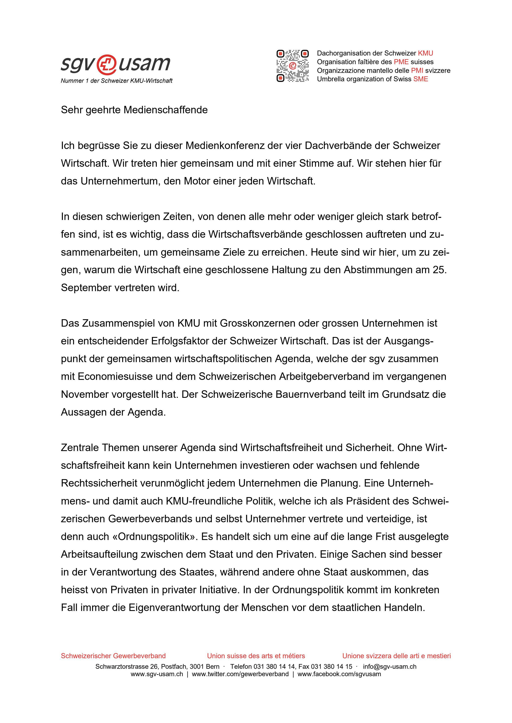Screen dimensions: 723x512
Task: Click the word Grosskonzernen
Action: tap(257, 323)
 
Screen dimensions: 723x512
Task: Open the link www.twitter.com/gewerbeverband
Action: tap(240, 672)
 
